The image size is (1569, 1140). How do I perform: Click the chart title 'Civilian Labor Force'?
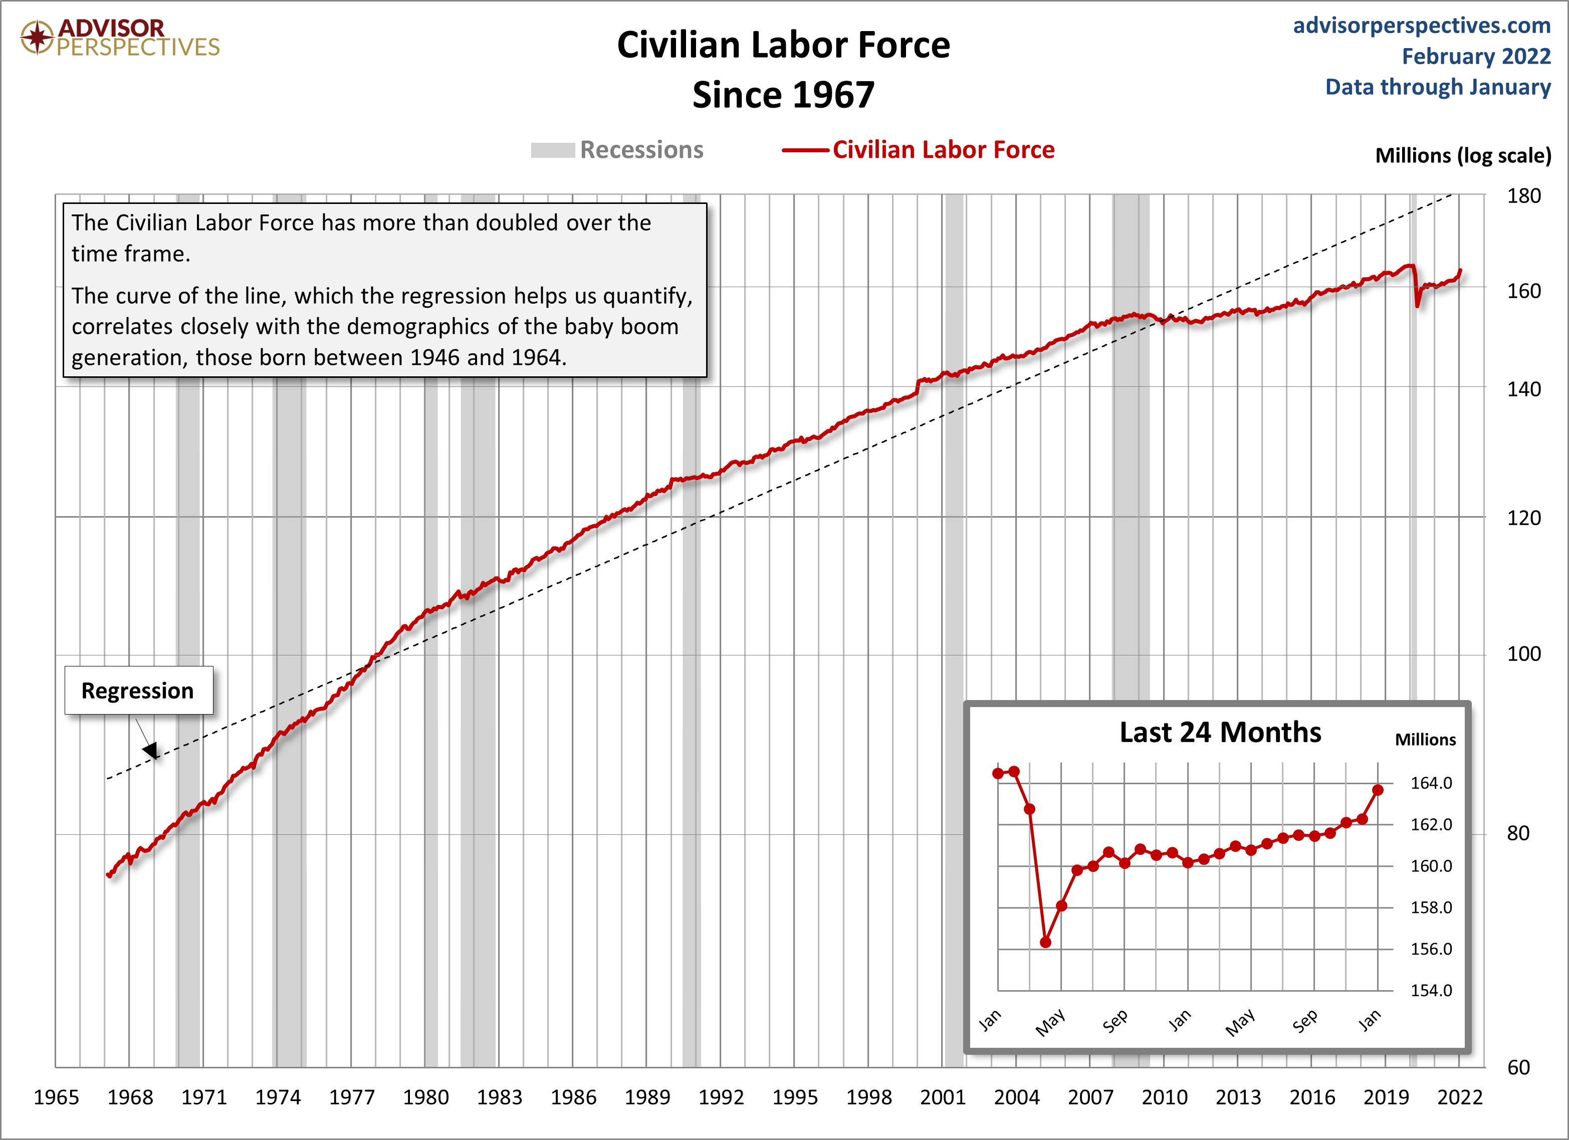[x=783, y=46]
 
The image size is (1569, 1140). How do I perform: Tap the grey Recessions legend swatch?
[x=552, y=150]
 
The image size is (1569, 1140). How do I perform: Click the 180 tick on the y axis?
[x=1523, y=196]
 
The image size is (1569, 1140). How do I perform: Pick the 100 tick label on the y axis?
[x=1523, y=654]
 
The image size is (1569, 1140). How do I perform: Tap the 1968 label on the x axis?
[x=130, y=1097]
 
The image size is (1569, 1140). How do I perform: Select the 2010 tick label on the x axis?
[x=1164, y=1097]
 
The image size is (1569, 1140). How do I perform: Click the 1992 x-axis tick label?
[x=721, y=1097]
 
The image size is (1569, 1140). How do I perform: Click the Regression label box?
[x=138, y=691]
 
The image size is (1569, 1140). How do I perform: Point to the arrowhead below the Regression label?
[x=151, y=751]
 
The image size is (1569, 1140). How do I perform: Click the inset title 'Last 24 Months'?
[x=1220, y=733]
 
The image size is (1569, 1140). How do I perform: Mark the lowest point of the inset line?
[x=1045, y=942]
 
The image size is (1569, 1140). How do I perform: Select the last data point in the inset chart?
[x=1378, y=790]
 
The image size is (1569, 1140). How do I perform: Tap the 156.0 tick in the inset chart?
[x=1431, y=949]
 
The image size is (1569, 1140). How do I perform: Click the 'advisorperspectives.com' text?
[x=1421, y=26]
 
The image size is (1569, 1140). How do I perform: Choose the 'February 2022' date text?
[x=1476, y=56]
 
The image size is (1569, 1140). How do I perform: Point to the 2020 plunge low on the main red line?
[x=1418, y=304]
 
